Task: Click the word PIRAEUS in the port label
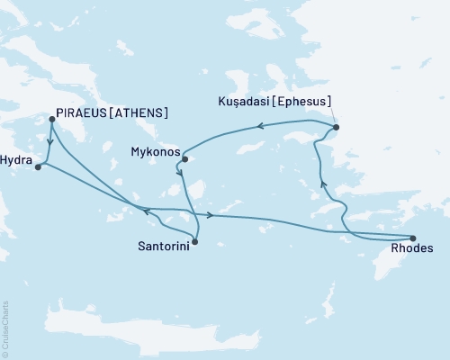click(83, 113)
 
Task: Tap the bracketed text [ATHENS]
click(140, 113)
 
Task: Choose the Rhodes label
click(413, 248)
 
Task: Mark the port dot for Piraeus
click(51, 119)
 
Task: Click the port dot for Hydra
click(37, 166)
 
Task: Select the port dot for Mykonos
click(184, 159)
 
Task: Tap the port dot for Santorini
click(195, 241)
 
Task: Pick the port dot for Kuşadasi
click(337, 128)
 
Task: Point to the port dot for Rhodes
click(413, 237)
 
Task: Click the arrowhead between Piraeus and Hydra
click(48, 141)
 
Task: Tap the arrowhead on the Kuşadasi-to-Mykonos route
click(262, 127)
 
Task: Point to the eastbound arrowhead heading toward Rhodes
click(210, 215)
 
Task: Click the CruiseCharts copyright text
click(5, 328)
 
